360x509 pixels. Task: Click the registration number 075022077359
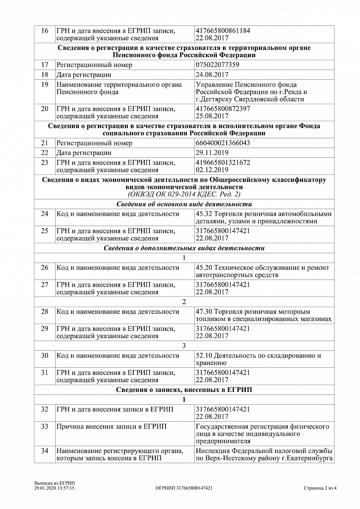pos(218,65)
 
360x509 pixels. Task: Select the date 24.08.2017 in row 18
pos(212,75)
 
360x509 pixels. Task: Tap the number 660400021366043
pos(223,143)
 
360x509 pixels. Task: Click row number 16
pos(45,31)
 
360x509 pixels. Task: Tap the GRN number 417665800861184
pos(223,31)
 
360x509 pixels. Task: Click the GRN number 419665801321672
pos(223,162)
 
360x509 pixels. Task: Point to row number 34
pos(45,450)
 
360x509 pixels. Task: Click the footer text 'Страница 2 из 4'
pos(320,488)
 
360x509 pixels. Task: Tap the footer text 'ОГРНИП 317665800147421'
pos(184,488)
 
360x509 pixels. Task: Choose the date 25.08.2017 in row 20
pos(212,116)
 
